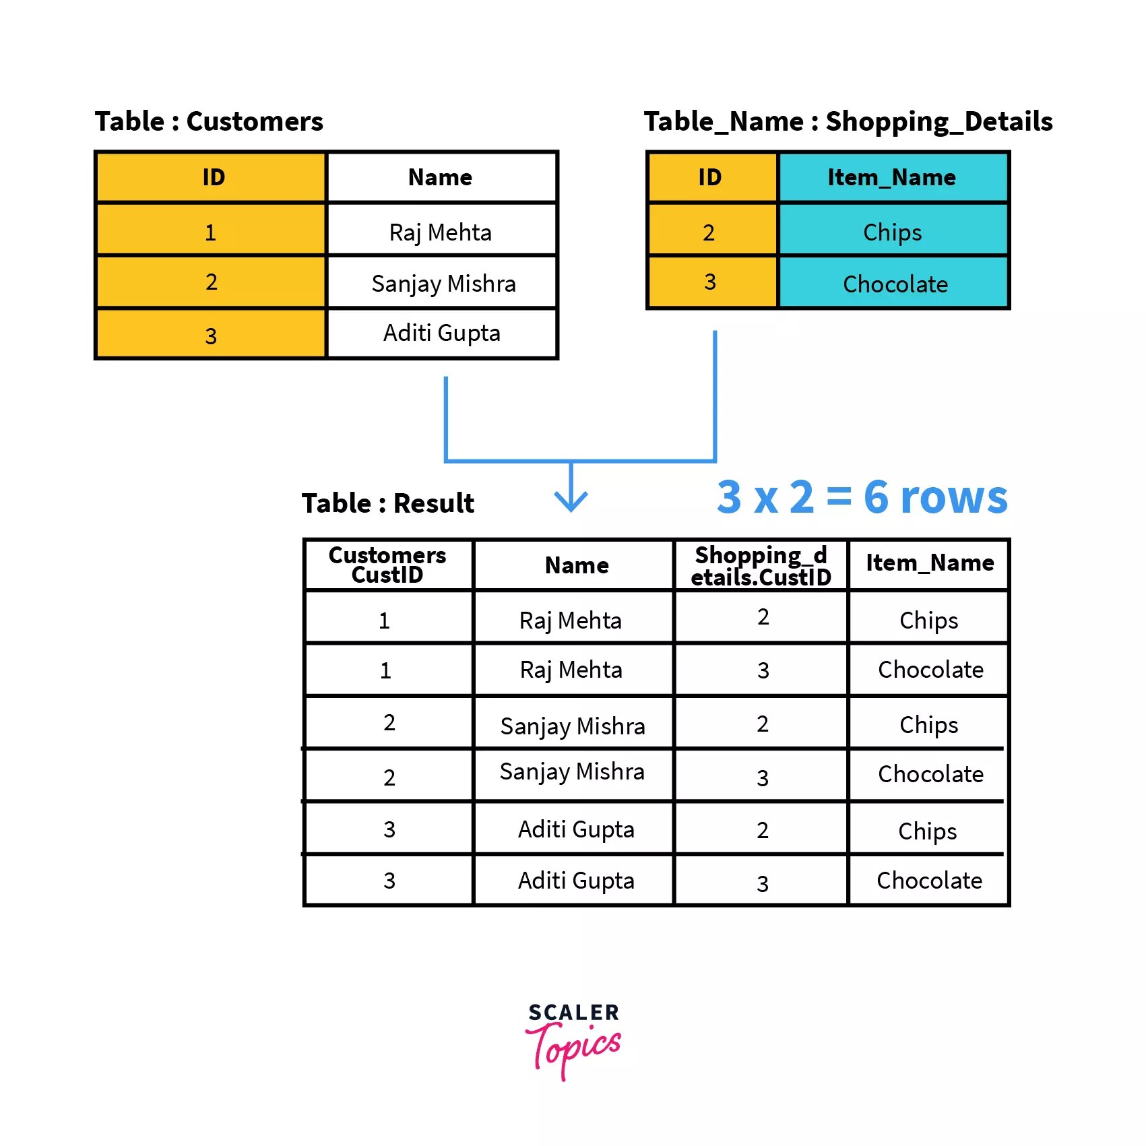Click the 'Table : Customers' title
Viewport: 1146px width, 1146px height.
click(209, 122)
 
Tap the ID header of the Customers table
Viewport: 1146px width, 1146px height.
click(213, 177)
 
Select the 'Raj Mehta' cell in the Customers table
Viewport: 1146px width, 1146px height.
click(441, 232)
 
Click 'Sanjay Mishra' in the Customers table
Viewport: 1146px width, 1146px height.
click(443, 284)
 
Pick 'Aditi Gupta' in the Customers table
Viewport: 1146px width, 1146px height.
click(442, 333)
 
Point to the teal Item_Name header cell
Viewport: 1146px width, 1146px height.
click(891, 177)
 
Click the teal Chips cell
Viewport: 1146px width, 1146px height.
click(892, 232)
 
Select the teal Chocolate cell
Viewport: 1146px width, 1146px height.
click(895, 284)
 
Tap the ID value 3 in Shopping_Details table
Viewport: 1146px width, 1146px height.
click(710, 282)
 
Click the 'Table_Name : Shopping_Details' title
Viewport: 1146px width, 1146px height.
click(848, 122)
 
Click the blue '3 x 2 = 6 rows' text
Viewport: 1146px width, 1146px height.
click(862, 497)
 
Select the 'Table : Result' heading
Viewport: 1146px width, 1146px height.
click(388, 503)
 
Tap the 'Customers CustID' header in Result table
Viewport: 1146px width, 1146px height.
click(387, 565)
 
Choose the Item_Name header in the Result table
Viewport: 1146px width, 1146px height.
click(930, 563)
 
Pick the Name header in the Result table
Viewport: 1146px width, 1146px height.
click(577, 565)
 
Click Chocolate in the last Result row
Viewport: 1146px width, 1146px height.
click(929, 881)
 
